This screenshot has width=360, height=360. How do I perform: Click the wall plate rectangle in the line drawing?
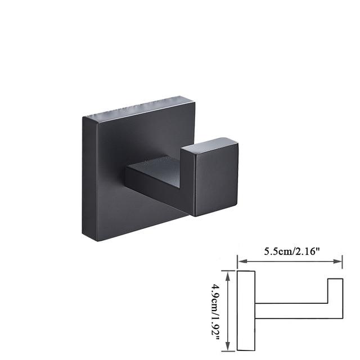click(x=246, y=309)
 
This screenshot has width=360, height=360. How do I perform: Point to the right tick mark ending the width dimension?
click(x=343, y=260)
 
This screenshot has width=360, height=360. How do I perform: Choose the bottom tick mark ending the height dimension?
click(x=227, y=349)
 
